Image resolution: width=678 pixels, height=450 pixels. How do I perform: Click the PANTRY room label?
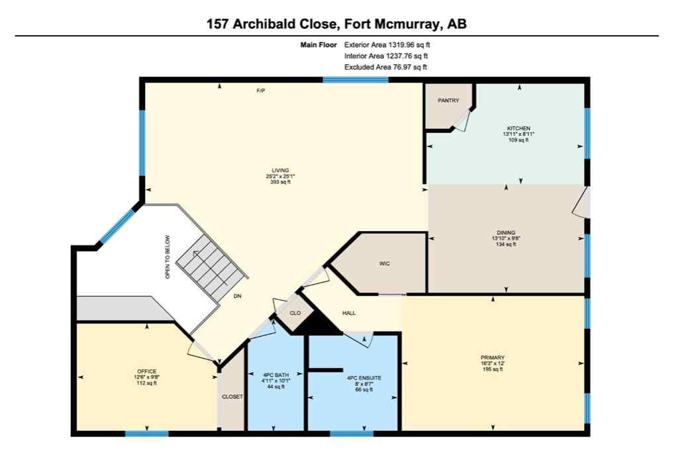[x=448, y=101]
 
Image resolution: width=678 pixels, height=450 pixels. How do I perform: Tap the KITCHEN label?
[x=518, y=128]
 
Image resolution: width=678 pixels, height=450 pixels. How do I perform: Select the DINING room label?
[x=507, y=233]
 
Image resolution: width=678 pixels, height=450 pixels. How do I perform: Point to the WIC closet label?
[x=384, y=264]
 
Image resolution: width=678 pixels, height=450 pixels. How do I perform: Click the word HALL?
[x=350, y=313]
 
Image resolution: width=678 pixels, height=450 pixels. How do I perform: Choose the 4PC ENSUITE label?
[x=363, y=378]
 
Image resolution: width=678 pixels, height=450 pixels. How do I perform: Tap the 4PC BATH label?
[x=274, y=375]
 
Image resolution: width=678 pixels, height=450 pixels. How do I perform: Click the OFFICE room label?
[x=146, y=371]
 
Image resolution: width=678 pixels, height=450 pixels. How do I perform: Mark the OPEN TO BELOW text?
[x=168, y=257]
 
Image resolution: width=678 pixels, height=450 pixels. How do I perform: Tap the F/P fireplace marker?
[x=261, y=91]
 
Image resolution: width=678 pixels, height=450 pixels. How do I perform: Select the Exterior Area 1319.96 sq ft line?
[x=391, y=45]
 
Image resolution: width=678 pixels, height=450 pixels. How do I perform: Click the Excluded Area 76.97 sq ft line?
[x=385, y=67]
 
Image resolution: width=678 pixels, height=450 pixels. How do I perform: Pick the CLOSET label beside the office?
[x=232, y=397]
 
